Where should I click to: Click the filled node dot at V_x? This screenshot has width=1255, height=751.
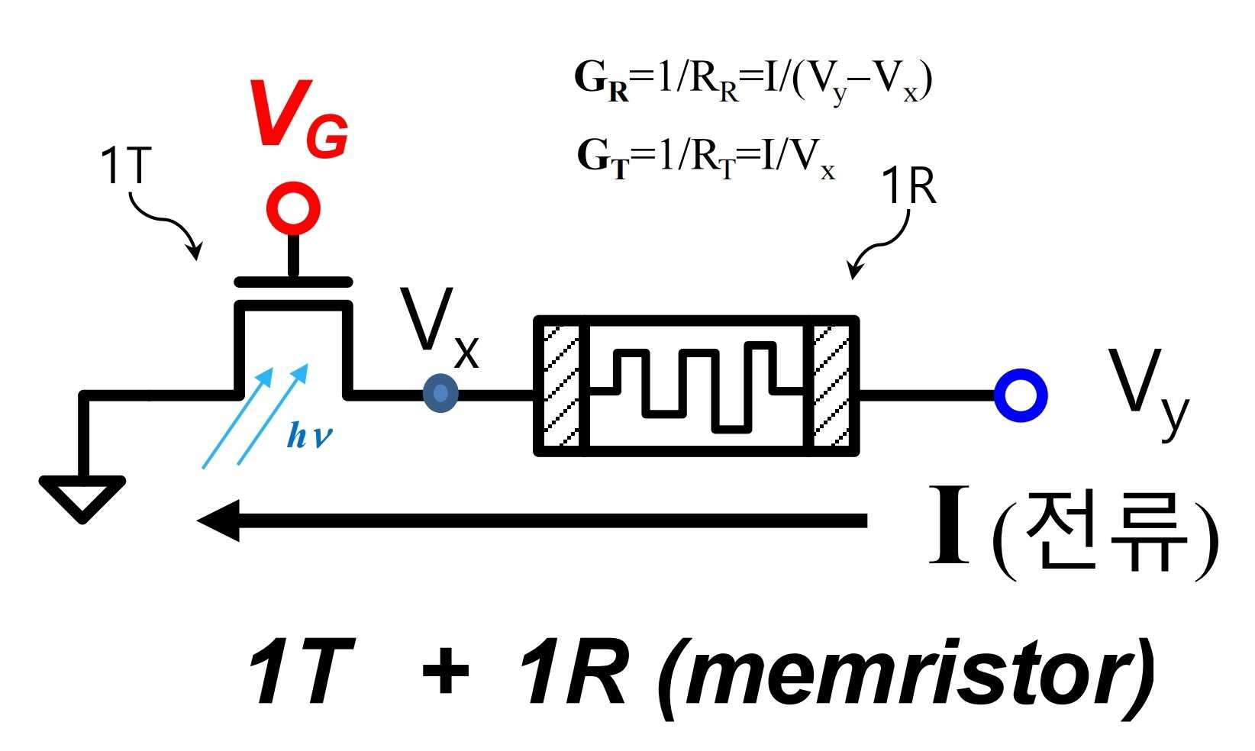440,393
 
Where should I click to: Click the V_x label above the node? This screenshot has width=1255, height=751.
440,327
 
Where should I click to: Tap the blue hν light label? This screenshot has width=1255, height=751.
309,435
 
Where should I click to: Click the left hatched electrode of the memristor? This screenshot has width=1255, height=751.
561,386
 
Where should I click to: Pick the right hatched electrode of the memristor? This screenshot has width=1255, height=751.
831,386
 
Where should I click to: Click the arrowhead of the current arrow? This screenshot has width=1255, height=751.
219,521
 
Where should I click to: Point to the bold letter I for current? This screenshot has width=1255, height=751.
949,524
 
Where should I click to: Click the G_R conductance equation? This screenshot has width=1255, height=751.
753,82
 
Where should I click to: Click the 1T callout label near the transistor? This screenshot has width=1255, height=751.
126,165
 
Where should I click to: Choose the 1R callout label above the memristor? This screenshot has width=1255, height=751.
908,186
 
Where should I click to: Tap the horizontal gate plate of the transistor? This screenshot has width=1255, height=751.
293,282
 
